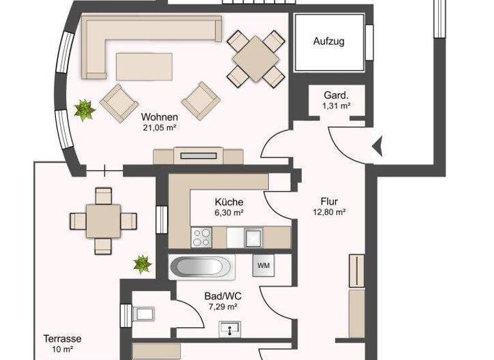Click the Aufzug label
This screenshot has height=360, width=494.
[x=329, y=42]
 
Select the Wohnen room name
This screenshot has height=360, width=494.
[x=160, y=118]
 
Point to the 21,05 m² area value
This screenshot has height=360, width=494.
[x=160, y=128]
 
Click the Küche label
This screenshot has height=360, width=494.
[x=229, y=202]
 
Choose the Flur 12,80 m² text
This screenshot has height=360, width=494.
[x=329, y=206]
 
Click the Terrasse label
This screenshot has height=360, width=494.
[x=62, y=339]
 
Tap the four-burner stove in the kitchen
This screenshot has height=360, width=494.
[x=202, y=237]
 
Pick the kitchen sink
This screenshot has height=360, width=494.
[x=253, y=237]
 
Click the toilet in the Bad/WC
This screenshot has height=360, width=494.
[x=143, y=314]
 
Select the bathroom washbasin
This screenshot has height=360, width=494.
[x=230, y=329]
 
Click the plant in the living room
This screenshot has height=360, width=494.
[x=84, y=110]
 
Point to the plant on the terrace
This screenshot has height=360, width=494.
[x=142, y=263]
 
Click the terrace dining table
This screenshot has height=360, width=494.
[x=103, y=221]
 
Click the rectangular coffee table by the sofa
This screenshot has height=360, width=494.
[x=145, y=65]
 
